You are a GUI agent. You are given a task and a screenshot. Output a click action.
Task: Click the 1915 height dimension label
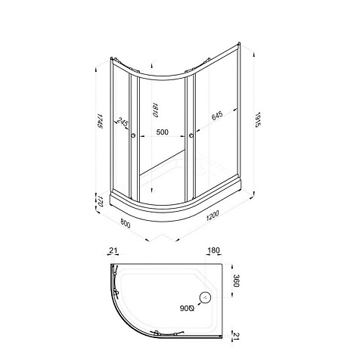click(257, 119)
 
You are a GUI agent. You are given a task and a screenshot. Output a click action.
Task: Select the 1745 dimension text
click(100, 121)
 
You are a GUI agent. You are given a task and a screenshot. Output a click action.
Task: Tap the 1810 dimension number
click(155, 110)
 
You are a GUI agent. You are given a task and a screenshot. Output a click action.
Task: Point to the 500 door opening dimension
click(162, 132)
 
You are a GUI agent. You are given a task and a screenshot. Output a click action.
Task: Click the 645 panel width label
click(217, 116)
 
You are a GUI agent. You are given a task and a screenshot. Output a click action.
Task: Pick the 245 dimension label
click(123, 123)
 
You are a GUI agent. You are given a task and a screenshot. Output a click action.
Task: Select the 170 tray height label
click(100, 201)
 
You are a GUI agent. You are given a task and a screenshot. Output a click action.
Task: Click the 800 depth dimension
click(126, 223)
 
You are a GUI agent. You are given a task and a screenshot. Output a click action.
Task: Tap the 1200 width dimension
click(212, 216)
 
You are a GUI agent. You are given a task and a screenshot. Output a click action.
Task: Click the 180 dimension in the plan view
click(213, 250)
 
